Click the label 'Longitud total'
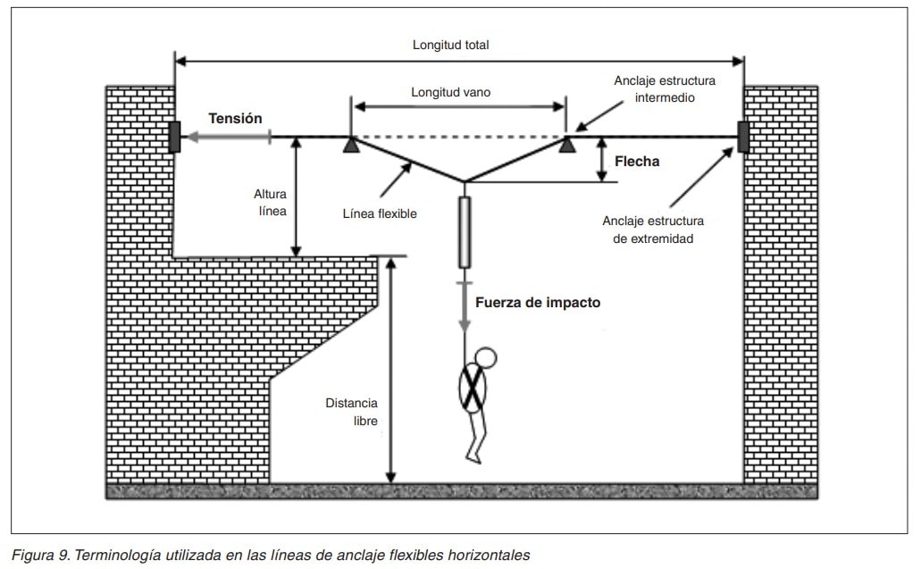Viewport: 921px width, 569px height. [x=450, y=45]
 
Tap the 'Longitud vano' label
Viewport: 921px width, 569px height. [x=450, y=92]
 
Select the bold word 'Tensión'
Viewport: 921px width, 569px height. [x=235, y=118]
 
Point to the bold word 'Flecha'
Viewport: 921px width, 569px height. [x=637, y=162]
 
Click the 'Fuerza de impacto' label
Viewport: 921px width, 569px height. [x=538, y=303]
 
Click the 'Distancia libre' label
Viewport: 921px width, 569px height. [x=353, y=411]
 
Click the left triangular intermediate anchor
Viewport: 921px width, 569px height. [x=351, y=144]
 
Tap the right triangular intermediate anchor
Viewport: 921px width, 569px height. [x=566, y=144]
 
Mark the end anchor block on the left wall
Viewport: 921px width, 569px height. [x=175, y=137]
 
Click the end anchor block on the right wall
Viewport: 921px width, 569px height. [x=743, y=137]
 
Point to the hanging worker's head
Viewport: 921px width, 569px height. [x=485, y=358]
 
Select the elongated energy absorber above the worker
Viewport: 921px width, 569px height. [x=465, y=232]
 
